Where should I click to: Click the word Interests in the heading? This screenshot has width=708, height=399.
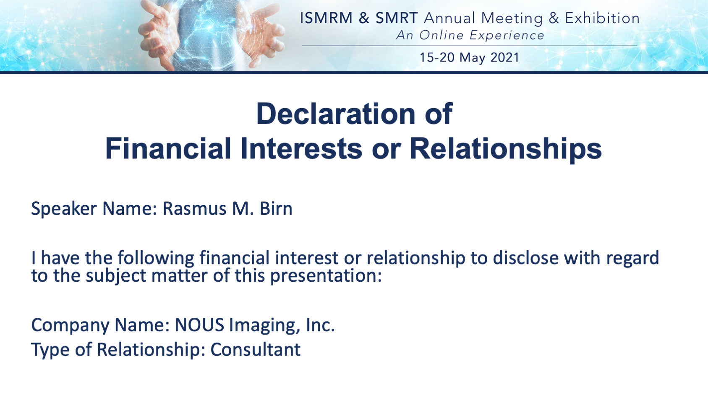pos(301,148)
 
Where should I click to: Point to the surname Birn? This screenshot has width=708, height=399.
pos(276,209)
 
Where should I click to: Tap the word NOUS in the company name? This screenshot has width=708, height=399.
pos(199,325)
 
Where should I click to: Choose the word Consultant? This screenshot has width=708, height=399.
pos(256,350)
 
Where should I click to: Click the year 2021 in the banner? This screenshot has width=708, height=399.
pos(505,58)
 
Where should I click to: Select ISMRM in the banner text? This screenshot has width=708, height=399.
pos(326,18)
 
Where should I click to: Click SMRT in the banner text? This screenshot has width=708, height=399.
pos(397,18)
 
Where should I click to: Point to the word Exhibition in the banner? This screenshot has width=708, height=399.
pos(602,18)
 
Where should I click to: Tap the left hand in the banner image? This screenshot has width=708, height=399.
pos(159,35)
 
